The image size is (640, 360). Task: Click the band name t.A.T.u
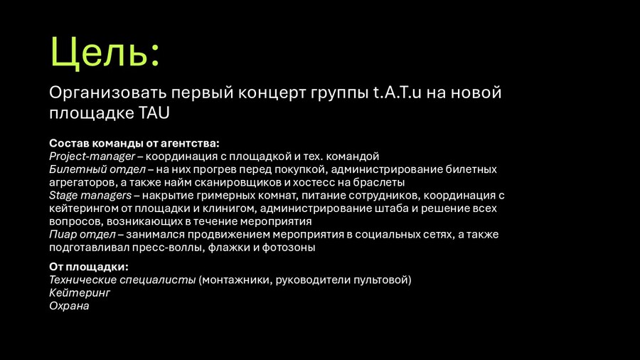pyautogui.click(x=397, y=92)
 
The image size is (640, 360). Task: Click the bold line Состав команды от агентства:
pyautogui.click(x=134, y=143)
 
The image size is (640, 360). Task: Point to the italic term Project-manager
pyautogui.click(x=92, y=157)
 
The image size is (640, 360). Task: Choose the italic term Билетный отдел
pyautogui.click(x=97, y=169)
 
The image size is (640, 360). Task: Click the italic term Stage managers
pyautogui.click(x=90, y=196)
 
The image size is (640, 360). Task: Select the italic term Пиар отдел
pyautogui.click(x=82, y=235)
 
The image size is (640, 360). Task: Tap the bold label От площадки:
pyautogui.click(x=89, y=267)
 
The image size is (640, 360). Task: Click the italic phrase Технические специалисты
pyautogui.click(x=122, y=280)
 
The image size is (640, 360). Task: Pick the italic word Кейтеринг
pyautogui.click(x=80, y=293)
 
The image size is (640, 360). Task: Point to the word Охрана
pyautogui.click(x=69, y=306)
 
